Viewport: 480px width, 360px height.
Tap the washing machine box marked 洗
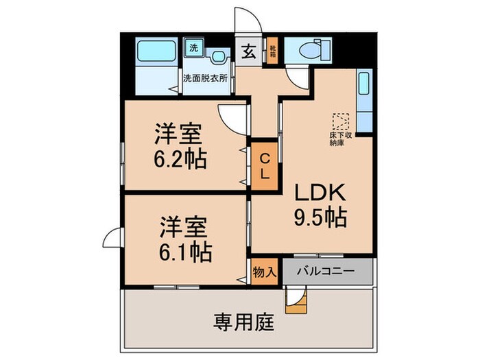[x=194, y=49]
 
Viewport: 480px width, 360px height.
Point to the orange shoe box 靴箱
[x=272, y=51]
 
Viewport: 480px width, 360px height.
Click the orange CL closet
[x=264, y=165]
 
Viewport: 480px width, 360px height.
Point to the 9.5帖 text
[x=320, y=217]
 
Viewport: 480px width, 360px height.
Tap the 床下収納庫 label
[x=341, y=140]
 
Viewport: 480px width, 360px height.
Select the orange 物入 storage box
[x=265, y=272]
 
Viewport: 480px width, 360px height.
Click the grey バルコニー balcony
[x=325, y=272]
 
